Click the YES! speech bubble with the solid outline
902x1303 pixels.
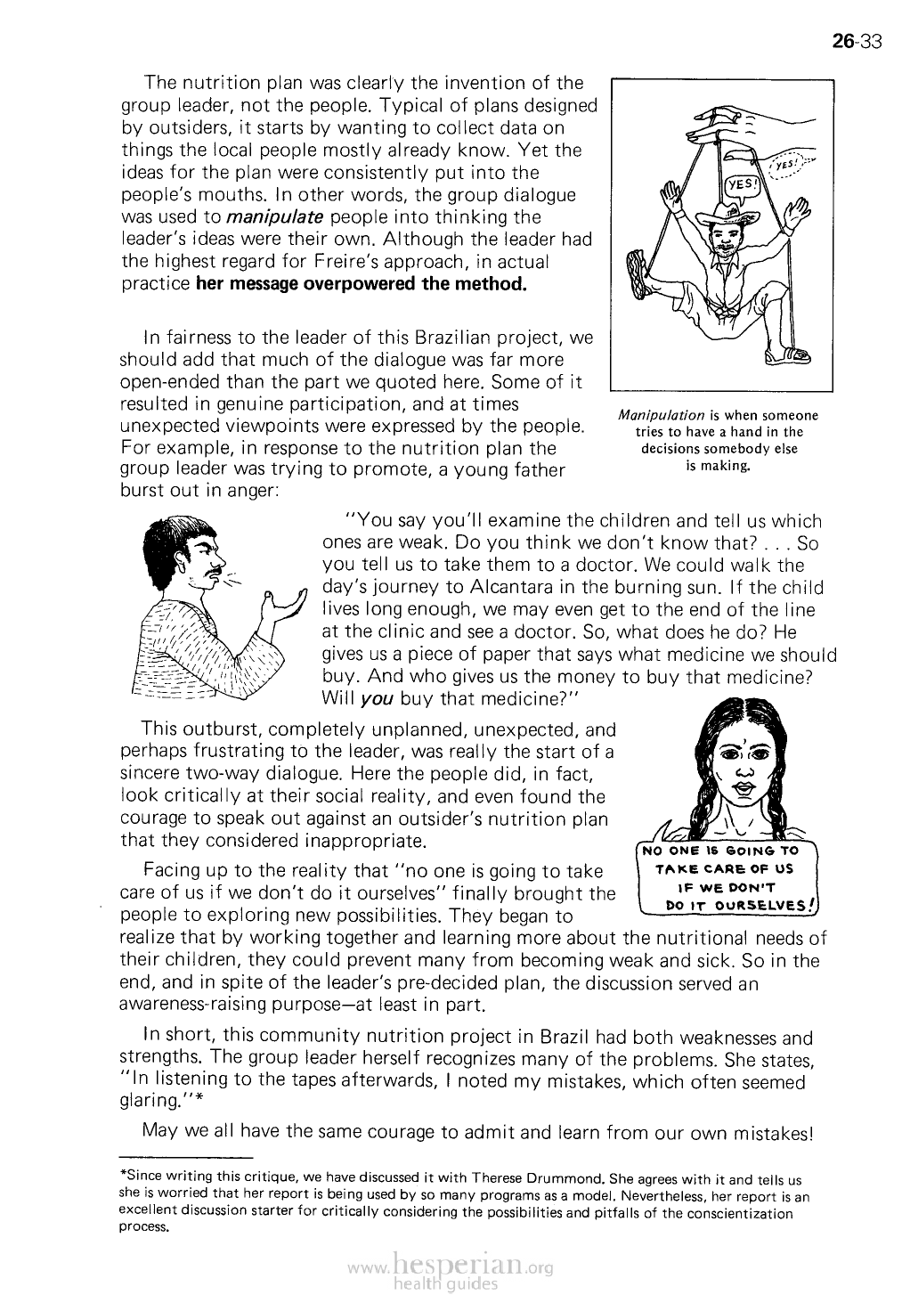point(741,184)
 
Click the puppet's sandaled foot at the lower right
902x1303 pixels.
point(793,357)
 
